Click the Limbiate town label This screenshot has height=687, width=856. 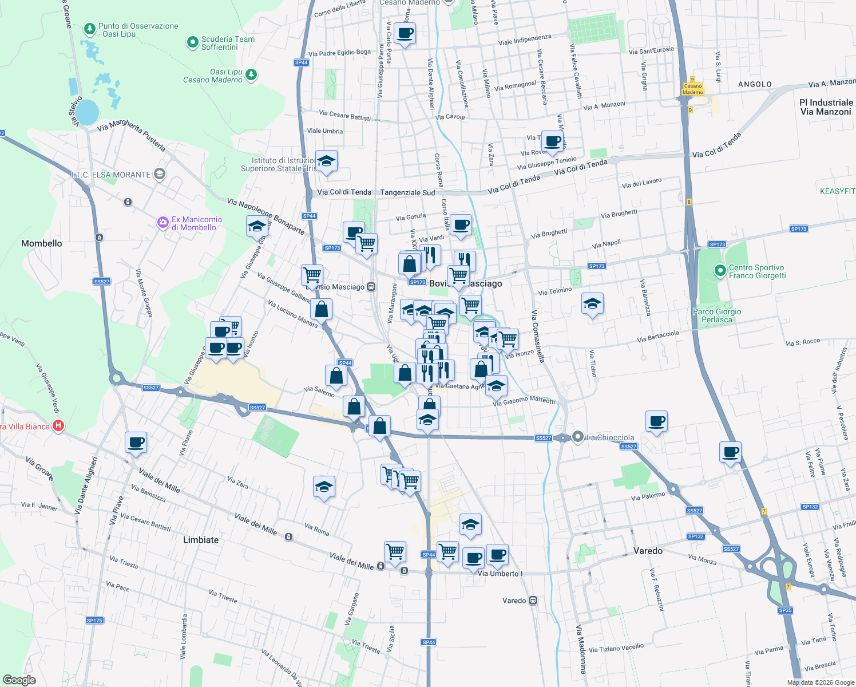pyautogui.click(x=201, y=540)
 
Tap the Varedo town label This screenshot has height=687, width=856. pyautogui.click(x=648, y=551)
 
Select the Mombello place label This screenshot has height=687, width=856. pyautogui.click(x=42, y=243)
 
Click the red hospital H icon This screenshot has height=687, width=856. pyautogui.click(x=58, y=426)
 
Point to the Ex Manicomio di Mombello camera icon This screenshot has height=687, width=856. pyautogui.click(x=163, y=222)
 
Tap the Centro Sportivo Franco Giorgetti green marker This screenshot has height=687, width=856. pyautogui.click(x=720, y=270)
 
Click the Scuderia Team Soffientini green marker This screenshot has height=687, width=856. pyautogui.click(x=193, y=42)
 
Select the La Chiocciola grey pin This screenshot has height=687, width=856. pyautogui.click(x=578, y=437)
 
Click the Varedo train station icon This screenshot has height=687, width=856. pyautogui.click(x=533, y=601)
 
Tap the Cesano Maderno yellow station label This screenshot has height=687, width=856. pyautogui.click(x=692, y=89)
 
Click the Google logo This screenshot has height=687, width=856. pyautogui.click(x=19, y=680)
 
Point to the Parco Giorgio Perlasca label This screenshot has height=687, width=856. pyautogui.click(x=717, y=315)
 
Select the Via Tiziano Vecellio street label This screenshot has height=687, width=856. pyautogui.click(x=616, y=648)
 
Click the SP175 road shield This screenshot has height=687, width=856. pyautogui.click(x=94, y=621)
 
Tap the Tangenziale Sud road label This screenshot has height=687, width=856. pyautogui.click(x=407, y=193)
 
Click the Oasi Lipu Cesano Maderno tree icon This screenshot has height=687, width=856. pyautogui.click(x=251, y=75)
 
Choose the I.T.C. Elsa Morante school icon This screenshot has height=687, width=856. pyautogui.click(x=160, y=174)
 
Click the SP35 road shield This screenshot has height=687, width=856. pyautogui.click(x=785, y=610)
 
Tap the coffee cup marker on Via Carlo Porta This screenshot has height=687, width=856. pyautogui.click(x=405, y=34)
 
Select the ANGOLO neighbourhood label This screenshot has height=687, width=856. pyautogui.click(x=755, y=84)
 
